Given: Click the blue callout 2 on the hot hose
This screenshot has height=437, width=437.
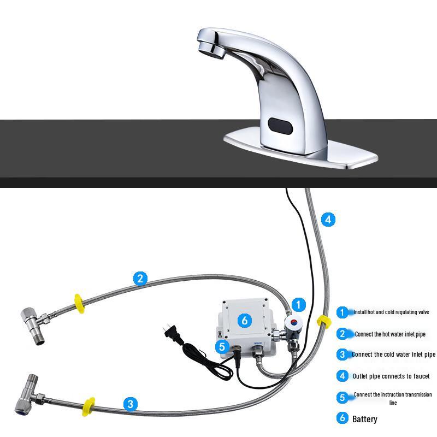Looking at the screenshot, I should pos(140,279).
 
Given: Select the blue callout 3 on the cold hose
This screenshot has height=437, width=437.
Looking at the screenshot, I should pos(130,404).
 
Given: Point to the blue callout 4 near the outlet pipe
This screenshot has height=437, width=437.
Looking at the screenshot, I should pos(327,220).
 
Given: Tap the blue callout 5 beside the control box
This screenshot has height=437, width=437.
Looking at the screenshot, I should pos(221,346).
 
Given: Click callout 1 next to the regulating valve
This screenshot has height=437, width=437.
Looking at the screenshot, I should pos(298,304).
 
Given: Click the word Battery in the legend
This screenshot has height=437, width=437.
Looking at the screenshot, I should pos(364,420).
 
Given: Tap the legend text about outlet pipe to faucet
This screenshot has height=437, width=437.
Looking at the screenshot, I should pos(391,376).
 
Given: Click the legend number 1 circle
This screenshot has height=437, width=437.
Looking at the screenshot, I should pos(342,312).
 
